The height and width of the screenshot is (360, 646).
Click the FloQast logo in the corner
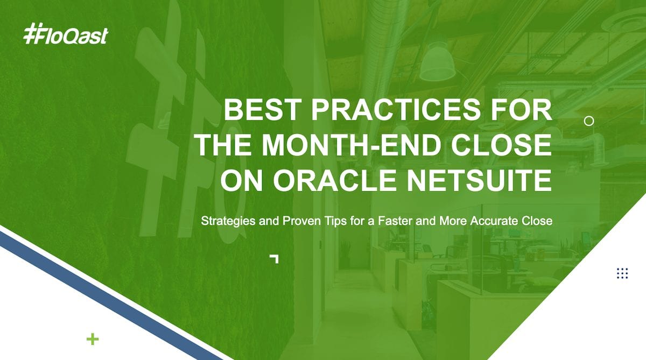(66, 34)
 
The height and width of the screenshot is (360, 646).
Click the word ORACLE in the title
(335, 180)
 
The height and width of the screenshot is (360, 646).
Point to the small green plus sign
(93, 339)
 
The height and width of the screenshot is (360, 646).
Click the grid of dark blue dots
(622, 273)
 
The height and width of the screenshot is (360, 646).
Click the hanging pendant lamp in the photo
(437, 62)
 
